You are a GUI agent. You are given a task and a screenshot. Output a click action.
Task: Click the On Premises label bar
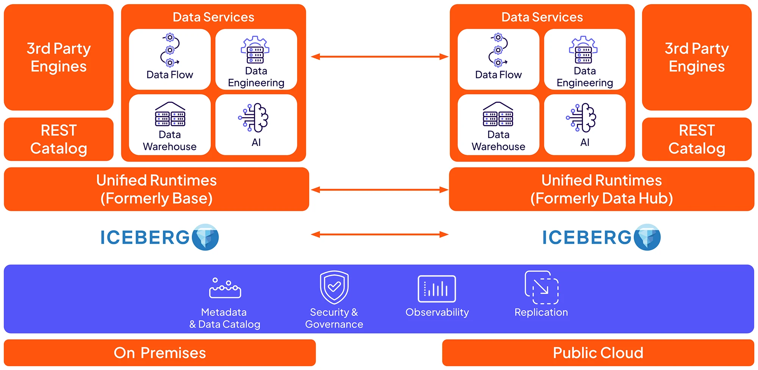pyautogui.click(x=160, y=353)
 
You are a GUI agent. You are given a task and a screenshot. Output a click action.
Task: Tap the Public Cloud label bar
pyautogui.click(x=598, y=353)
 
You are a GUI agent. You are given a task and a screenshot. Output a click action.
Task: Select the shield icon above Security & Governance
pyautogui.click(x=334, y=287)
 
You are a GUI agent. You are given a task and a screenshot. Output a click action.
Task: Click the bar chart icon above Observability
pyautogui.click(x=437, y=289)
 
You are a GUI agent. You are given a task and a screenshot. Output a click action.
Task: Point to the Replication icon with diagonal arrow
pyautogui.click(x=542, y=287)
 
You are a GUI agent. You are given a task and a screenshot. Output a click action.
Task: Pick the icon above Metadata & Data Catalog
pyautogui.click(x=225, y=288)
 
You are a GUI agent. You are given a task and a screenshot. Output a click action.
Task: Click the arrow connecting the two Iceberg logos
pyautogui.click(x=379, y=235)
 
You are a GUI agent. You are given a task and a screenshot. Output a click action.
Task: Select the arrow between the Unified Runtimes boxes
pyautogui.click(x=379, y=190)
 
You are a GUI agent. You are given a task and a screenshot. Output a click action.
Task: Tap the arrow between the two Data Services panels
pyautogui.click(x=379, y=57)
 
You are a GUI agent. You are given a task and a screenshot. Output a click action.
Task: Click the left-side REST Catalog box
pyautogui.click(x=59, y=139)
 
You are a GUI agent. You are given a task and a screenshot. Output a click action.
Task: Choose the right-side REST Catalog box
pyautogui.click(x=697, y=139)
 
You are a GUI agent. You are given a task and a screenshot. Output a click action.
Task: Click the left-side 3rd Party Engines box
pyautogui.click(x=59, y=57)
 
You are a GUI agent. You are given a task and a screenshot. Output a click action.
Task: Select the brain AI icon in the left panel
pyautogui.click(x=254, y=118)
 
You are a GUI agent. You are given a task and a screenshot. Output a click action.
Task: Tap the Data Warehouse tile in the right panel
pyautogui.click(x=498, y=125)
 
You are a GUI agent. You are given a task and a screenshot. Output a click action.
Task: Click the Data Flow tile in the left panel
pyautogui.click(x=169, y=59)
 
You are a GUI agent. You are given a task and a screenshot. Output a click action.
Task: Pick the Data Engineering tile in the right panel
pyautogui.click(x=584, y=59)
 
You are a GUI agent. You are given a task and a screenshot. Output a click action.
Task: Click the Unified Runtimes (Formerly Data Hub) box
pyautogui.click(x=601, y=189)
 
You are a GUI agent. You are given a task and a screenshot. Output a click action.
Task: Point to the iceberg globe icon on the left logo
pyautogui.click(x=205, y=237)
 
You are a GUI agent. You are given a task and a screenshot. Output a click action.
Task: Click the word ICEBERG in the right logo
pyautogui.click(x=586, y=238)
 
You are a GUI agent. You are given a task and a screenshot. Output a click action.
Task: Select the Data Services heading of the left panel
pyautogui.click(x=213, y=17)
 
